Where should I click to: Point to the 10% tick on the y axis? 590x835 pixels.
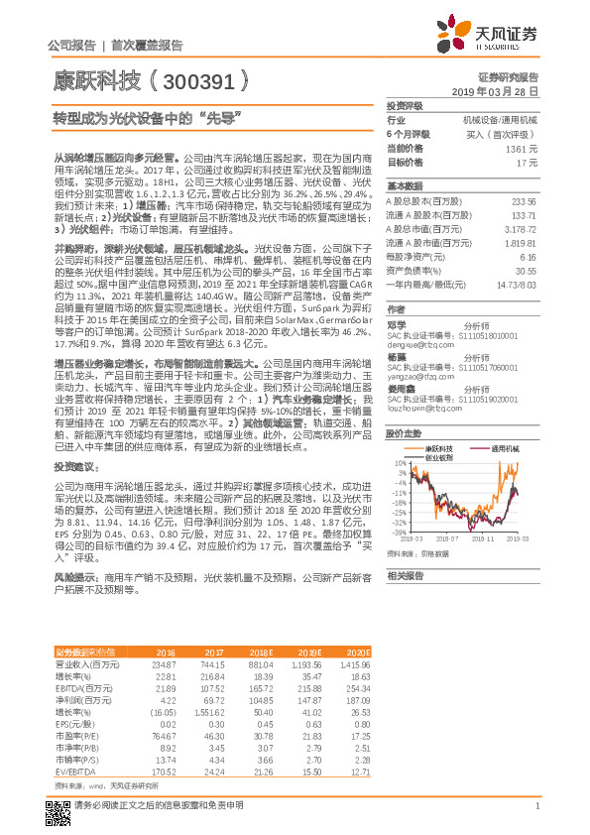pyautogui.click(x=398, y=462)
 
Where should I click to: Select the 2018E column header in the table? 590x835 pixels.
pyautogui.click(x=260, y=651)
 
